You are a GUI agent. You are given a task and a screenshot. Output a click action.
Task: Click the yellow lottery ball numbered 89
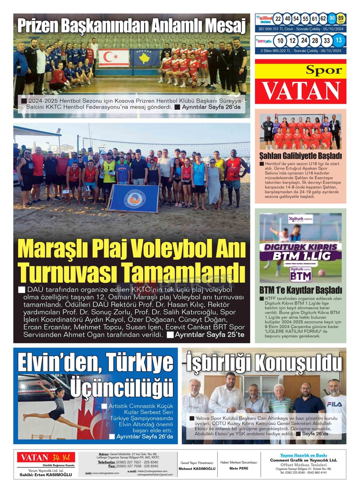click(341, 19)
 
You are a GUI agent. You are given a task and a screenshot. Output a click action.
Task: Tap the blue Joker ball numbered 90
click(332, 19)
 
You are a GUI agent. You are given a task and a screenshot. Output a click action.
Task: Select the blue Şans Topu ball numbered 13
click(339, 40)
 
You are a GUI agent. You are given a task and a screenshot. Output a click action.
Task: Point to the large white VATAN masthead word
click(301, 91)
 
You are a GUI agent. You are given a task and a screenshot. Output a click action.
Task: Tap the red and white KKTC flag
click(114, 57)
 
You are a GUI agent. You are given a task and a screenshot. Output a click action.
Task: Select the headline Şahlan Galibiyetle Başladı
click(300, 156)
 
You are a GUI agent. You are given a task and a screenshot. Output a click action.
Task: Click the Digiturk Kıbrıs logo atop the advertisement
click(300, 219)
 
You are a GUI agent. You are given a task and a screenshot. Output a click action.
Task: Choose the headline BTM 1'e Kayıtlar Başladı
click(300, 290)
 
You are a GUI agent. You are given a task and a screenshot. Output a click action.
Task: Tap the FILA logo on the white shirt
click(334, 404)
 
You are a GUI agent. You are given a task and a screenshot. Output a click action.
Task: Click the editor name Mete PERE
click(239, 468)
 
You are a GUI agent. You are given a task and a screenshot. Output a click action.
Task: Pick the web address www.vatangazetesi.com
click(106, 473)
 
